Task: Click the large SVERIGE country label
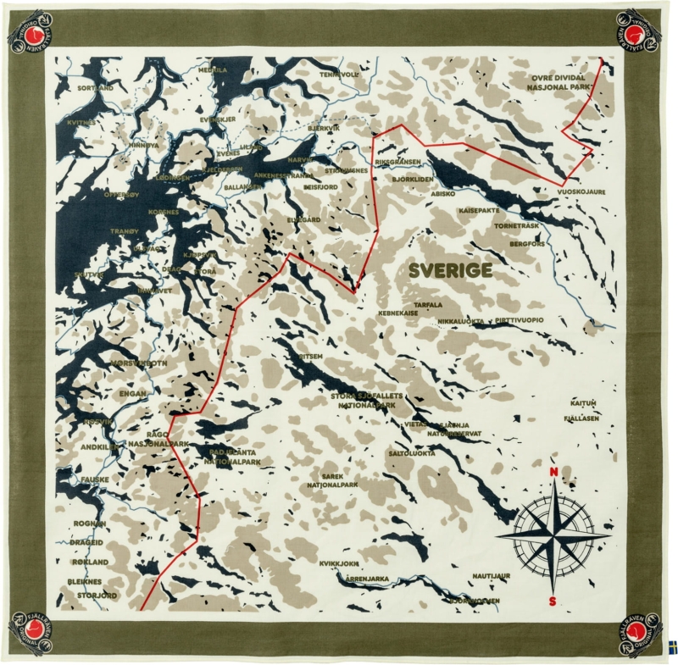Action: click(450, 270)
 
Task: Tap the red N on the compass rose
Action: click(553, 472)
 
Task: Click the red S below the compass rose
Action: click(553, 601)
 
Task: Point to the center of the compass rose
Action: click(553, 536)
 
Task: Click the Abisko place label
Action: click(443, 193)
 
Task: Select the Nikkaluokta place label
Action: click(461, 321)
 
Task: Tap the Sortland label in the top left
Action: click(95, 87)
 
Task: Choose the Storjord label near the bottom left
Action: click(97, 596)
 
